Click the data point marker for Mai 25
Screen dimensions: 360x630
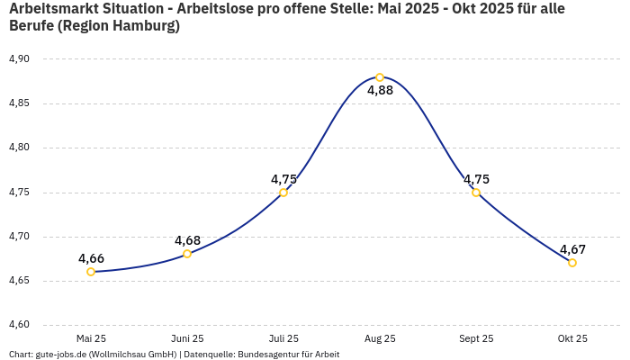coord(91,272)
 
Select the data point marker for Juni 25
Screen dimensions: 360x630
coord(187,254)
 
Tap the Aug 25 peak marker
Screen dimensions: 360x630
coord(380,77)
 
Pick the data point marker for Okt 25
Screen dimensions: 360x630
coord(572,263)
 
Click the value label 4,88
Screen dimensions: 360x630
coord(380,90)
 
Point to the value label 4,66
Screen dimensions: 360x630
coord(91,258)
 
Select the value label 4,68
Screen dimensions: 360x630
coord(187,240)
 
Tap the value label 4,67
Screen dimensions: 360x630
coord(573,249)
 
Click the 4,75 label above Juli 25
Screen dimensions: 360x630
coord(283,179)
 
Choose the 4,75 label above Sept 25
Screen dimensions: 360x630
coord(476,179)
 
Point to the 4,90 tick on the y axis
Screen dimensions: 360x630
coord(19,59)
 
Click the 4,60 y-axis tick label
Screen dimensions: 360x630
coord(19,325)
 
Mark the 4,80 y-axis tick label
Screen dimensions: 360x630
coord(19,148)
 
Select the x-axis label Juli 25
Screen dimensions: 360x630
coord(283,338)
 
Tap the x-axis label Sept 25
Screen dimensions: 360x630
coord(476,338)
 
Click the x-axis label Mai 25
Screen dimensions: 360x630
coord(91,338)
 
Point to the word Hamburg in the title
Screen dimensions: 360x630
coord(140,26)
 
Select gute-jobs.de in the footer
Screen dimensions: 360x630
coord(62,354)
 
